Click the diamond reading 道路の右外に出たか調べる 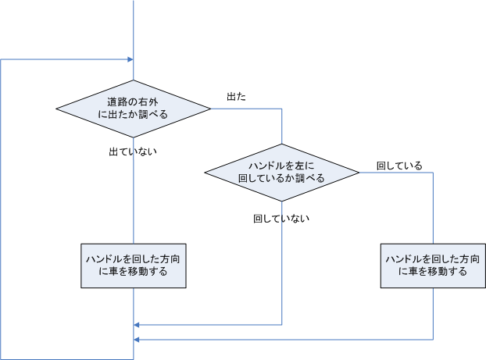(x=134, y=108)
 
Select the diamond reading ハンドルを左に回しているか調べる (x=281, y=172)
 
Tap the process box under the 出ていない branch (x=134, y=266)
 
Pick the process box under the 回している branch (x=433, y=266)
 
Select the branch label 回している (x=399, y=166)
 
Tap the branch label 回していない (x=281, y=219)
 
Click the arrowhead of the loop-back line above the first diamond (x=130, y=59)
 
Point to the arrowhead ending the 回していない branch (x=138, y=324)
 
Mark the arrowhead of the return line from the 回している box (x=138, y=340)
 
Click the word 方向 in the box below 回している (x=470, y=258)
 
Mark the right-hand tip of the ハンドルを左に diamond (x=359, y=172)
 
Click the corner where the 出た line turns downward (x=281, y=108)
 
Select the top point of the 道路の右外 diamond (x=134, y=80)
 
